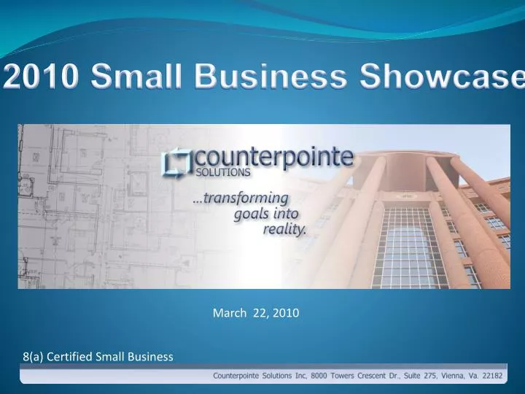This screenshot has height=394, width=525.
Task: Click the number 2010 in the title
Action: coord(39,76)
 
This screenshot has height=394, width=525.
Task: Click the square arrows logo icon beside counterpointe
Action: coord(176,163)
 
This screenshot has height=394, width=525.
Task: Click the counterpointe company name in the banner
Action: coord(275,157)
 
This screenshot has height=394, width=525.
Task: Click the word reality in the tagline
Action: coord(285,228)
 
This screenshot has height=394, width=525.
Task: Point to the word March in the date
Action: coord(227,313)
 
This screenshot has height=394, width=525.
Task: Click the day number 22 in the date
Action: coord(259,313)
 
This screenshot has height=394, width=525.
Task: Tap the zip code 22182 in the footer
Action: coord(507,376)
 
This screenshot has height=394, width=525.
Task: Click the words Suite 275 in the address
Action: coord(422,376)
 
